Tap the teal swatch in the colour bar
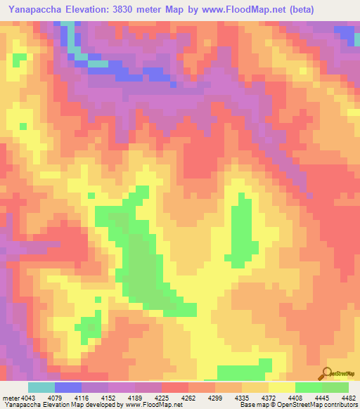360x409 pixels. pos(41,388)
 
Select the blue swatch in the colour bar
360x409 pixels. pos(68,388)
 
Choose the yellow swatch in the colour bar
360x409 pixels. pos(281,388)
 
